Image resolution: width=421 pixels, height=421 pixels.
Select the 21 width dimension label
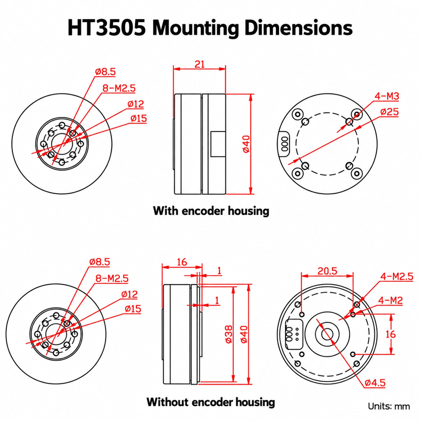click(199, 65)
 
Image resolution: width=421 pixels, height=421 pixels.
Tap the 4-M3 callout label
click(387, 96)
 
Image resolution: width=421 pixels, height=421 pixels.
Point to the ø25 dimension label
click(389, 112)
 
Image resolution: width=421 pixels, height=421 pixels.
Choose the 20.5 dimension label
click(327, 271)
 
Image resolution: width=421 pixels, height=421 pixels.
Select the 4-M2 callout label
click(390, 301)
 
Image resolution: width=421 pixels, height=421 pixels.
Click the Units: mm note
click(389, 406)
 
